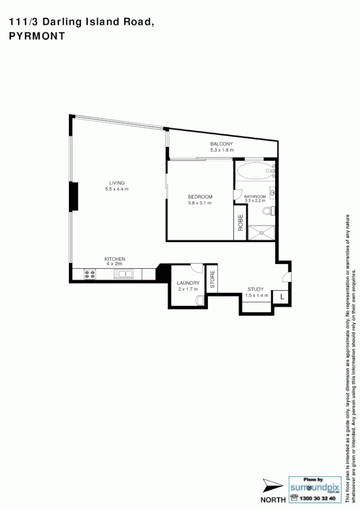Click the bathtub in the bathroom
[x=254, y=171]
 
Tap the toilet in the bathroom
[x=268, y=212]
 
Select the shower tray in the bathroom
[x=262, y=232]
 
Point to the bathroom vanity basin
[x=272, y=193]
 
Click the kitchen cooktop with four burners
[x=90, y=274]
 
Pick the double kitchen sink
[x=123, y=274]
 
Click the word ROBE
[x=240, y=223]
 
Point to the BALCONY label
[x=222, y=144]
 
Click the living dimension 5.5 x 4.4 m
[x=116, y=189]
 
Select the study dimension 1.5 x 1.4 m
[x=255, y=296]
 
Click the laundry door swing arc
[x=197, y=268]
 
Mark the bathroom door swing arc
[x=238, y=192]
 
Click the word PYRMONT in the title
[x=37, y=35]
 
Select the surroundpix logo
[x=314, y=486]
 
